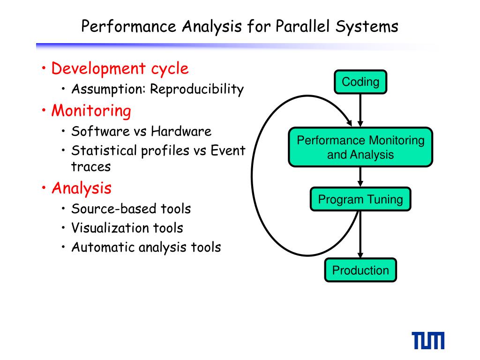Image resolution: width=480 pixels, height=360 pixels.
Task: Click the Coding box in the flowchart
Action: click(360, 82)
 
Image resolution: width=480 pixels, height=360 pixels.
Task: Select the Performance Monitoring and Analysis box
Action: click(360, 147)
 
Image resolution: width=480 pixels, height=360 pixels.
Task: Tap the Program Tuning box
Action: click(360, 200)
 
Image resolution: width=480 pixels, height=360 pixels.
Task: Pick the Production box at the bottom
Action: click(360, 270)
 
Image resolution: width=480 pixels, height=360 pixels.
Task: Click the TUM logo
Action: click(428, 341)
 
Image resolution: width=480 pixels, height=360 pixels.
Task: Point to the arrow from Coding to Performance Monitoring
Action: click(360, 110)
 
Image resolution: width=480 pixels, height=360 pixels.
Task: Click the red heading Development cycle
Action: click(120, 68)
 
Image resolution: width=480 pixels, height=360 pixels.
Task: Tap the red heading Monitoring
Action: click(91, 111)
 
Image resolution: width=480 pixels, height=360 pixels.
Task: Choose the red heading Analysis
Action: click(82, 188)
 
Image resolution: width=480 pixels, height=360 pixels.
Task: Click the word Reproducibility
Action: click(197, 89)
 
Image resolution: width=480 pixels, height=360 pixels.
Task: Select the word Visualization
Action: click(111, 228)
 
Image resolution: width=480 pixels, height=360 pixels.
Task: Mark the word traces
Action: click(91, 166)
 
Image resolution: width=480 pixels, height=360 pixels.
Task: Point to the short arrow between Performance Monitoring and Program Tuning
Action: click(360, 177)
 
